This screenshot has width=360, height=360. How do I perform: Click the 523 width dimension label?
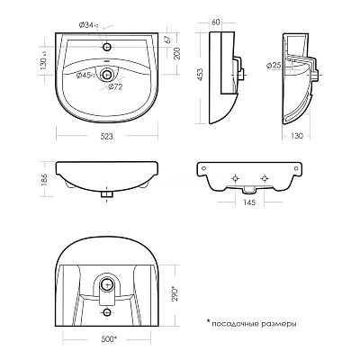pyautogui.click(x=106, y=137)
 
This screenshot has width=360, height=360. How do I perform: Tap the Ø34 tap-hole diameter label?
pyautogui.click(x=89, y=26)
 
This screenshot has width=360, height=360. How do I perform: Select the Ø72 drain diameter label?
pyautogui.click(x=115, y=87)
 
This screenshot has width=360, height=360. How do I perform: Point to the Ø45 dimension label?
pyautogui.click(x=85, y=76)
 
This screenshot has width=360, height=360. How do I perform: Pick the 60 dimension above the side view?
pyautogui.click(x=216, y=22)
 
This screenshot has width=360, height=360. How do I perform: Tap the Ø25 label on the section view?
pyautogui.click(x=274, y=66)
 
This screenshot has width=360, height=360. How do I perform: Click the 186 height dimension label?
pyautogui.click(x=45, y=179)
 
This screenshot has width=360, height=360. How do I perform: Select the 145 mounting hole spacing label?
pyautogui.click(x=249, y=202)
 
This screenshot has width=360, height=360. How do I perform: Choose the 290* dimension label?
pyautogui.click(x=175, y=294)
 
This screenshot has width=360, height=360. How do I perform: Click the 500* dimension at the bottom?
pyautogui.click(x=109, y=339)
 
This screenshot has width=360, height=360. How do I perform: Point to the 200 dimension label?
pyautogui.click(x=177, y=53)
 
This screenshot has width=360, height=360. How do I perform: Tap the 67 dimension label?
pyautogui.click(x=168, y=40)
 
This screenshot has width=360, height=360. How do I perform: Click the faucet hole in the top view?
pyautogui.click(x=107, y=47)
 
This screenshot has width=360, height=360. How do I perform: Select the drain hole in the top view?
pyautogui.click(x=107, y=75)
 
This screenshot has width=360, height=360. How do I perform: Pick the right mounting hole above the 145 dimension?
pyautogui.click(x=265, y=179)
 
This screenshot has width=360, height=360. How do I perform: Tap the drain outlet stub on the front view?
pyautogui.click(x=107, y=193)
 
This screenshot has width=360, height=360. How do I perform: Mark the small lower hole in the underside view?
pyautogui.click(x=107, y=312)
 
